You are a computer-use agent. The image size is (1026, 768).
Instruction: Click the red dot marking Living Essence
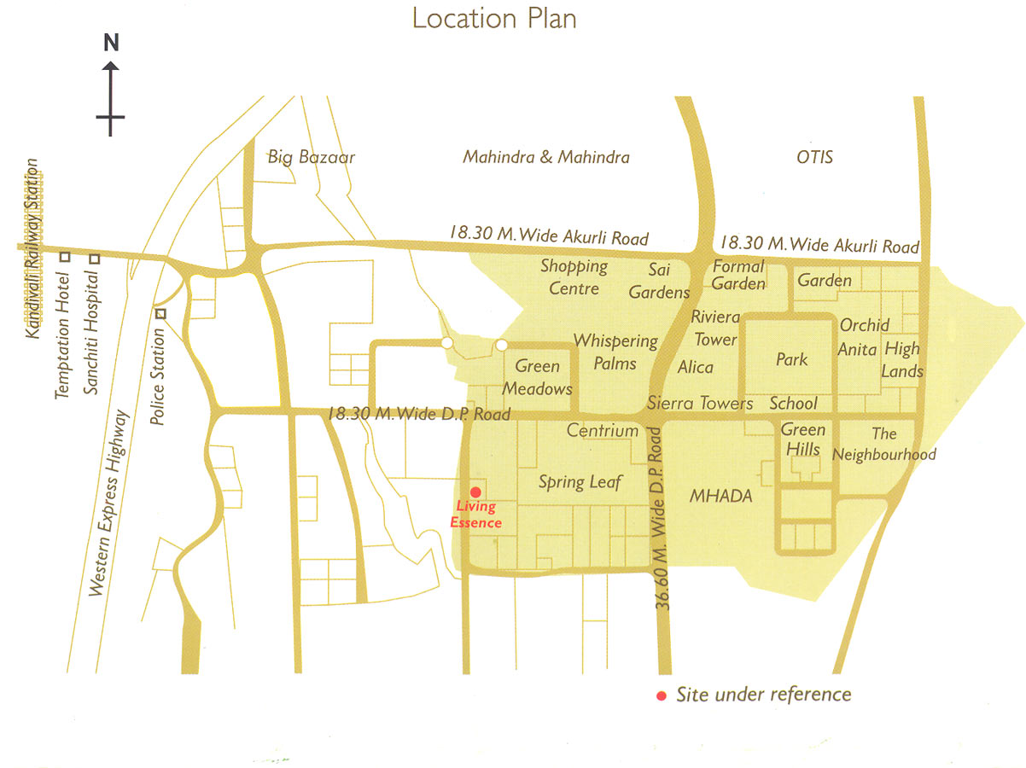[475, 492]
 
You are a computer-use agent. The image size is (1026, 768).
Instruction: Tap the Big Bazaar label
[311, 157]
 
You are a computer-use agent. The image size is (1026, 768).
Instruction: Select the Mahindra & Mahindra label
[546, 157]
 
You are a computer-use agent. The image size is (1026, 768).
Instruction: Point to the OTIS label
[814, 157]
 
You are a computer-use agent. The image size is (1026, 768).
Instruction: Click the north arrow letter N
[111, 43]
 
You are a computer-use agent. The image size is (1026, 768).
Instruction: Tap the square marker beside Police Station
[160, 314]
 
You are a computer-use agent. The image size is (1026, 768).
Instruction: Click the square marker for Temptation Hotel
[64, 257]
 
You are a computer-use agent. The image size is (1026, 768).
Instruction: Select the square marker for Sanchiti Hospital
[95, 259]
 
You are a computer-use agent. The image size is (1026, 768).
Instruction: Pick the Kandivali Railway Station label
[33, 247]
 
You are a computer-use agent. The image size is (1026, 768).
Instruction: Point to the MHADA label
[720, 496]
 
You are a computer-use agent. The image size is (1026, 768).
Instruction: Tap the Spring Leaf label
[580, 482]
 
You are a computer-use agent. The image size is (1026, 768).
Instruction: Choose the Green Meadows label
[537, 377]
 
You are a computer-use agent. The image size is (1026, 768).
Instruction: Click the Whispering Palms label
[615, 352]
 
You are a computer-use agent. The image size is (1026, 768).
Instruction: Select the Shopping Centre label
[574, 276]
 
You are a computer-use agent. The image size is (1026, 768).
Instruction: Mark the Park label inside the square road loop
[791, 360]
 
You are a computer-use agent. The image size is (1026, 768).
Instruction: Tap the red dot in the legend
[662, 695]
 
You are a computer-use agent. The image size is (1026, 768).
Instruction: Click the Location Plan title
[494, 18]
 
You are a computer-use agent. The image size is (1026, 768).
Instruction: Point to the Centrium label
[603, 431]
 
